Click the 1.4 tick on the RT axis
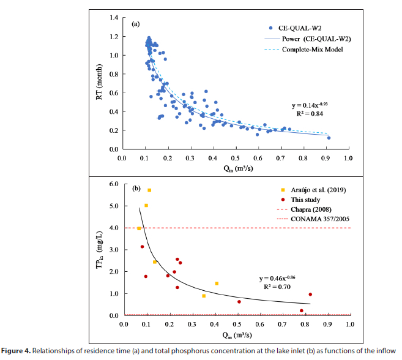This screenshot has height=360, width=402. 113,17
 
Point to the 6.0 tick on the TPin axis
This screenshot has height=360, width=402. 113,184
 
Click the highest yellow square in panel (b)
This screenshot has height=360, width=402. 149,190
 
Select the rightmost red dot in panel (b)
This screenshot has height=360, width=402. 310,294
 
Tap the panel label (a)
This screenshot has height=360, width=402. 135,24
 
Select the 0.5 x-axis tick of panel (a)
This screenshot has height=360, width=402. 236,159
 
